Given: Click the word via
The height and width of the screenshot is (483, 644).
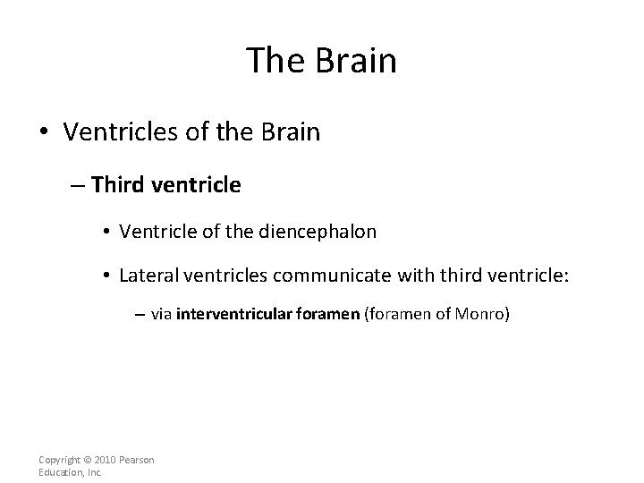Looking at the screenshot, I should (x=162, y=314).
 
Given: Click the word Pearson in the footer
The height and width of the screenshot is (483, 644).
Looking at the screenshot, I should (x=138, y=460).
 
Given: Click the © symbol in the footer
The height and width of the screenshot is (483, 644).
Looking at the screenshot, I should (x=89, y=460).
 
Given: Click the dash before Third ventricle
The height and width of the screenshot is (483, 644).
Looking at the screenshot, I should (x=78, y=185).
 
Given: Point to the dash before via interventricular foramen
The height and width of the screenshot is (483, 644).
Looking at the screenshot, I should (x=142, y=315).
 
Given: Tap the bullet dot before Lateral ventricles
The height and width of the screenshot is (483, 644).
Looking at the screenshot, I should (x=106, y=273).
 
